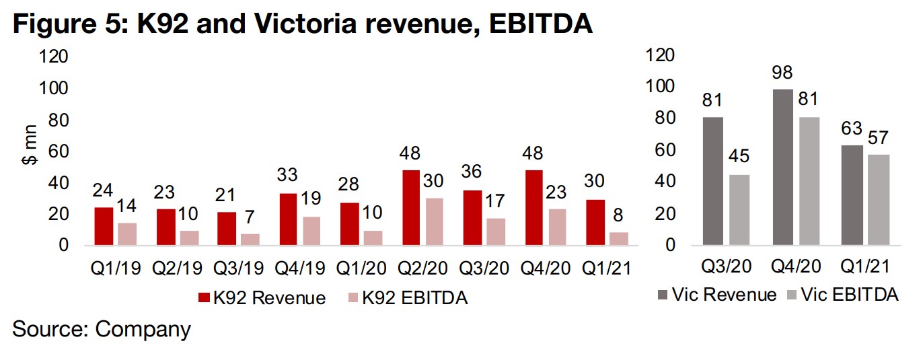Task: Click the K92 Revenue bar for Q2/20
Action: click(412, 207)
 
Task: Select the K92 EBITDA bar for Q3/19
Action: click(250, 239)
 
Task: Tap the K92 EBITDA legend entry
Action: click(401, 298)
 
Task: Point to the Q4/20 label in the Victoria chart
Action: click(795, 266)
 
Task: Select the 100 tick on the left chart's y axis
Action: click(56, 89)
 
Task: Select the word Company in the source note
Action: click(143, 330)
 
